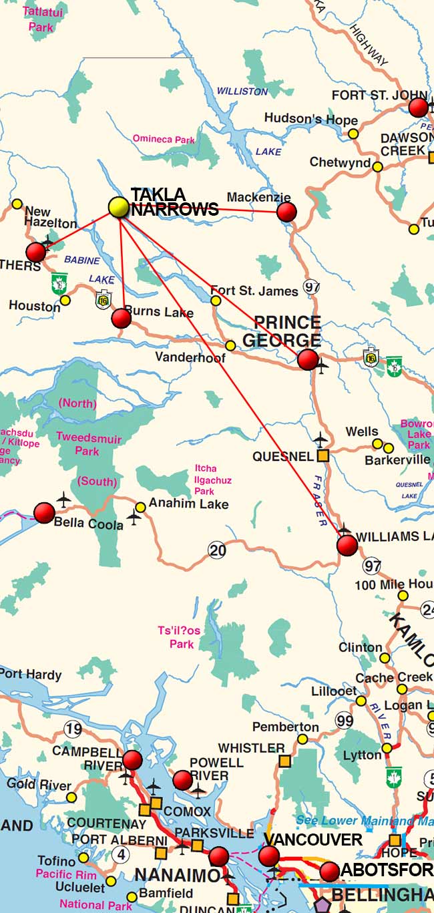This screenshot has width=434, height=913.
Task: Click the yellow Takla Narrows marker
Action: (x=118, y=207)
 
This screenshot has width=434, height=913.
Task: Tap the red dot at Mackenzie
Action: (x=286, y=212)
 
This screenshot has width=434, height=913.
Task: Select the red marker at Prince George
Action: (x=308, y=359)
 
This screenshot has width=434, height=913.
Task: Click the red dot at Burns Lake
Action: (x=121, y=319)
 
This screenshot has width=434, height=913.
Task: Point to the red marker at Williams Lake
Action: (x=347, y=546)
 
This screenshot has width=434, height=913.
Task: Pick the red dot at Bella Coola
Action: (x=44, y=512)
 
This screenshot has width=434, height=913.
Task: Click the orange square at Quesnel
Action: (x=322, y=456)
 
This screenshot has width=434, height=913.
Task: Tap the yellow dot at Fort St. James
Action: (x=216, y=301)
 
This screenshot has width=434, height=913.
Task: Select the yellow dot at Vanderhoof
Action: (x=230, y=345)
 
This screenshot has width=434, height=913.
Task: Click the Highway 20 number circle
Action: (x=217, y=550)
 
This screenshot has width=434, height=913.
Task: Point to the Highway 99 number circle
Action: (x=345, y=721)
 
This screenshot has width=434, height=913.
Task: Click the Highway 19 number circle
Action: (x=73, y=728)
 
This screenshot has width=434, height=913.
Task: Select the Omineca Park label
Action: (x=164, y=140)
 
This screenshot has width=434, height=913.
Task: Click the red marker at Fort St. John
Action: (x=419, y=108)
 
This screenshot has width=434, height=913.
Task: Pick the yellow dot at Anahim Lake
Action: (x=140, y=508)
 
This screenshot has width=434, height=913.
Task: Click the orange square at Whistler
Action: (x=285, y=761)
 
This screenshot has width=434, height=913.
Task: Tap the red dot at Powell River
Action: (x=182, y=779)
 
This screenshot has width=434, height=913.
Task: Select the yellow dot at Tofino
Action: (x=83, y=858)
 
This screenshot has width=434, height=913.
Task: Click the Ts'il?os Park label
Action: (x=179, y=637)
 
